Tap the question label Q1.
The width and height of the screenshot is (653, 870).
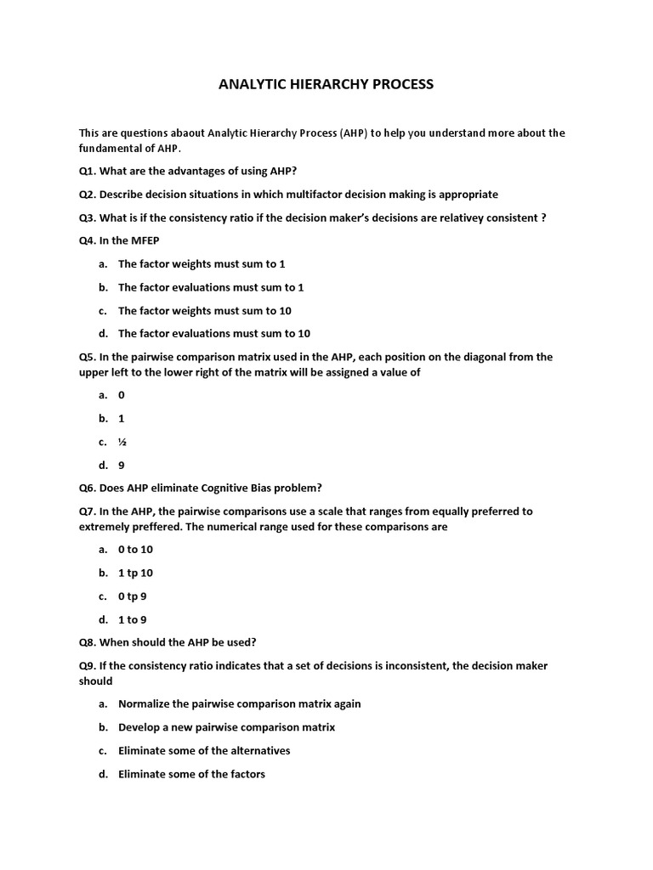[x=88, y=171]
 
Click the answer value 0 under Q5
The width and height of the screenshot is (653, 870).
[x=122, y=395]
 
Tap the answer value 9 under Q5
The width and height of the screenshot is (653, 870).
[x=122, y=465]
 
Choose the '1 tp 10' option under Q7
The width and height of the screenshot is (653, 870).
[x=135, y=573]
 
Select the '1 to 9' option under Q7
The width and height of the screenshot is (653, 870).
[x=132, y=619]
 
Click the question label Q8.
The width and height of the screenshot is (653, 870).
[x=88, y=642]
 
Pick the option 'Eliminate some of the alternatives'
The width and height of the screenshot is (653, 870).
[x=204, y=750]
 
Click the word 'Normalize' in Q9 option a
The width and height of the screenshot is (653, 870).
[x=145, y=703]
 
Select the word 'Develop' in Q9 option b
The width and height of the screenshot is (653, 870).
[x=139, y=727]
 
